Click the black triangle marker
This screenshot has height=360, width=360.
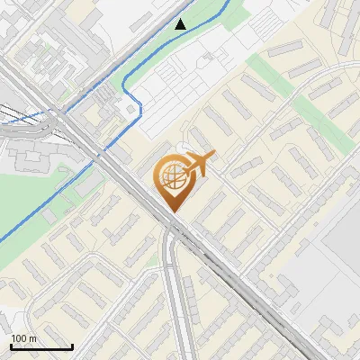click(x=181, y=24)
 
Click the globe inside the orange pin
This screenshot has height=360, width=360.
click(x=171, y=178)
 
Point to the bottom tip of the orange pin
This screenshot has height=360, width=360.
click(x=172, y=211)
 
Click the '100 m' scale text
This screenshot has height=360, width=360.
click(x=23, y=338)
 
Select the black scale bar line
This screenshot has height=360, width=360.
click(x=41, y=346)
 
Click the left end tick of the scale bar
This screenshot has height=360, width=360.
click(x=11, y=345)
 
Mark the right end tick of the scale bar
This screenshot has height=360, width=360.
click(x=72, y=345)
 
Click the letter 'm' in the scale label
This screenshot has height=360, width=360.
click(x=32, y=338)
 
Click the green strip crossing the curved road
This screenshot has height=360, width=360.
click(x=270, y=72)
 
